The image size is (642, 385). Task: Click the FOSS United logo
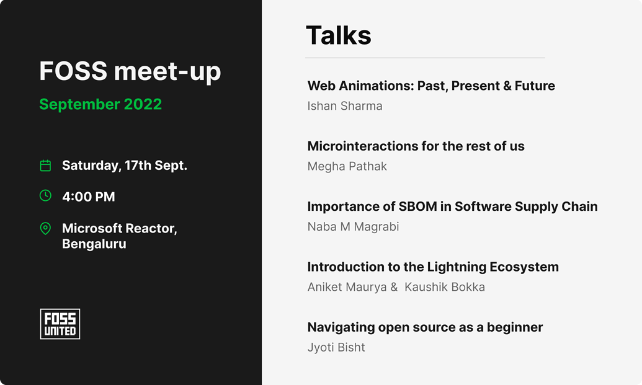click(x=60, y=324)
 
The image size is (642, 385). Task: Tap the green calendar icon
click(x=45, y=166)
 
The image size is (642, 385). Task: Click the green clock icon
click(x=45, y=196)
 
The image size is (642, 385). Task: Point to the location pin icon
click(x=45, y=229)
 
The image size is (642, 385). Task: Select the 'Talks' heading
click(x=339, y=35)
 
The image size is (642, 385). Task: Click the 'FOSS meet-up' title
click(x=130, y=72)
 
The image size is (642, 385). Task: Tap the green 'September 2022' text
click(x=100, y=104)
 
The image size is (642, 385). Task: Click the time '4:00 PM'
click(x=88, y=197)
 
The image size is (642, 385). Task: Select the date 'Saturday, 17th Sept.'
click(x=124, y=166)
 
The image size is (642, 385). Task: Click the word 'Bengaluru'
click(x=94, y=244)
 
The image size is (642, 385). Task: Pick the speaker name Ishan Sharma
click(x=345, y=106)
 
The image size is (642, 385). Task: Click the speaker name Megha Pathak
click(x=347, y=166)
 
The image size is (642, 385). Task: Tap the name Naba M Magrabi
click(x=353, y=226)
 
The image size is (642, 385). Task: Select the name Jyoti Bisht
click(x=336, y=347)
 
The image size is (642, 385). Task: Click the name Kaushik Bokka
click(x=445, y=287)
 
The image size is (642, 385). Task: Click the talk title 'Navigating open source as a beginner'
click(x=425, y=327)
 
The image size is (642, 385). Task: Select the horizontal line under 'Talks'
click(x=425, y=58)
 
